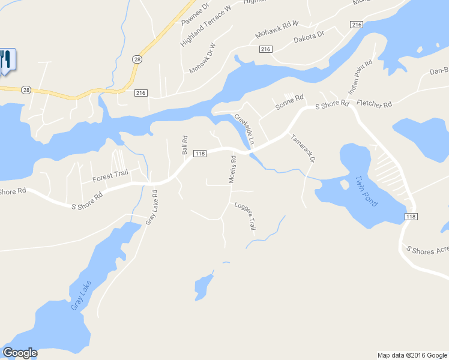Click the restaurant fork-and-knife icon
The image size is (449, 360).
6,60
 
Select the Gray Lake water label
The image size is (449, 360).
82,295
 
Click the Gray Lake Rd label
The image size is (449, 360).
151,208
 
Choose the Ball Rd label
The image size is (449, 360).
185,145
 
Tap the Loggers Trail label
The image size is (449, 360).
245,215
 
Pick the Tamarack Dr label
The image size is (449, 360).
303,148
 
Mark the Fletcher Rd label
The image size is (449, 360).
374,104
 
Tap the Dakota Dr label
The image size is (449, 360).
309,39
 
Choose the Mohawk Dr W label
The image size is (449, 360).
202,58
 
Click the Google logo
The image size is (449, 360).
20,353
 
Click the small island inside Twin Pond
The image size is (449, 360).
344,184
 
